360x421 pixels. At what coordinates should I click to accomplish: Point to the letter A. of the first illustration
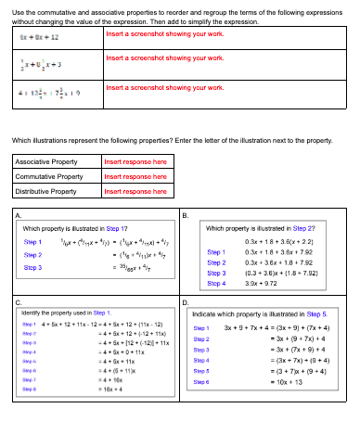tap(19, 216)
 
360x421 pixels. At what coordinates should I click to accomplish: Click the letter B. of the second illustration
tap(186, 216)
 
